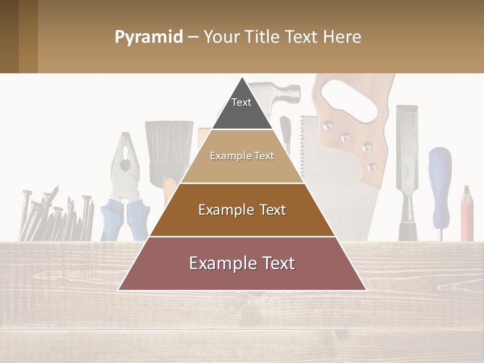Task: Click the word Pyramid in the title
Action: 148,37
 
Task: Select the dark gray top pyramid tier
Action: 242,113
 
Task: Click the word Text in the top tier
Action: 241,102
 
